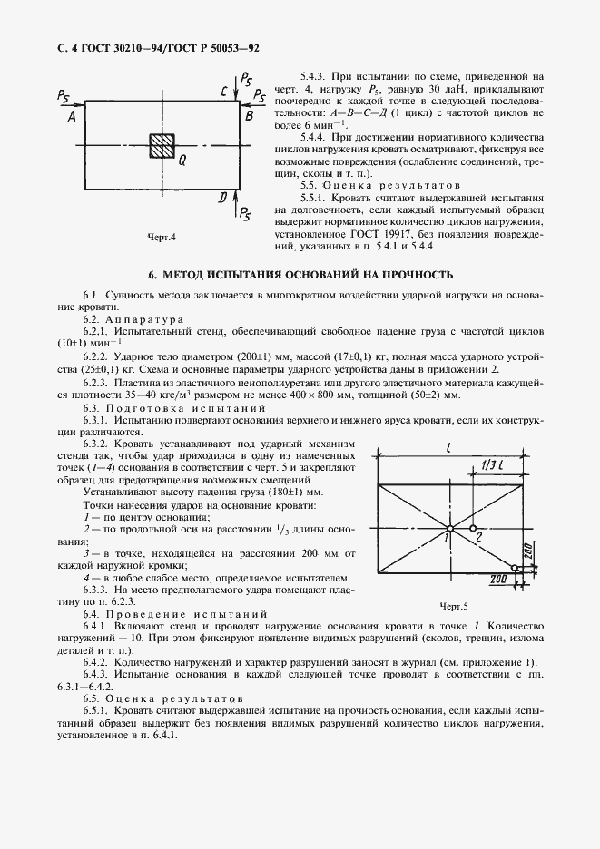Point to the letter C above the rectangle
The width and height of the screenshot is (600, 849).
pyautogui.click(x=224, y=92)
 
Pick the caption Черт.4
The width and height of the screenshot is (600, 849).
pyautogui.click(x=161, y=239)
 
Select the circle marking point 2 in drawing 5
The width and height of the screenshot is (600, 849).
pyautogui.click(x=473, y=527)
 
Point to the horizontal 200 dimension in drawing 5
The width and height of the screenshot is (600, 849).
pyautogui.click(x=497, y=576)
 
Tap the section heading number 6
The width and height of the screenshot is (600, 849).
pyautogui.click(x=152, y=274)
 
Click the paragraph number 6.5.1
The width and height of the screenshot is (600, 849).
pyautogui.click(x=97, y=712)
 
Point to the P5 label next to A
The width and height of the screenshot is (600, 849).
pyautogui.click(x=63, y=95)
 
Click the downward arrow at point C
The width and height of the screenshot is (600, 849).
pyautogui.click(x=236, y=92)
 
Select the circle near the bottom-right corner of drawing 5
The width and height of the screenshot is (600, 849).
pyautogui.click(x=515, y=569)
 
